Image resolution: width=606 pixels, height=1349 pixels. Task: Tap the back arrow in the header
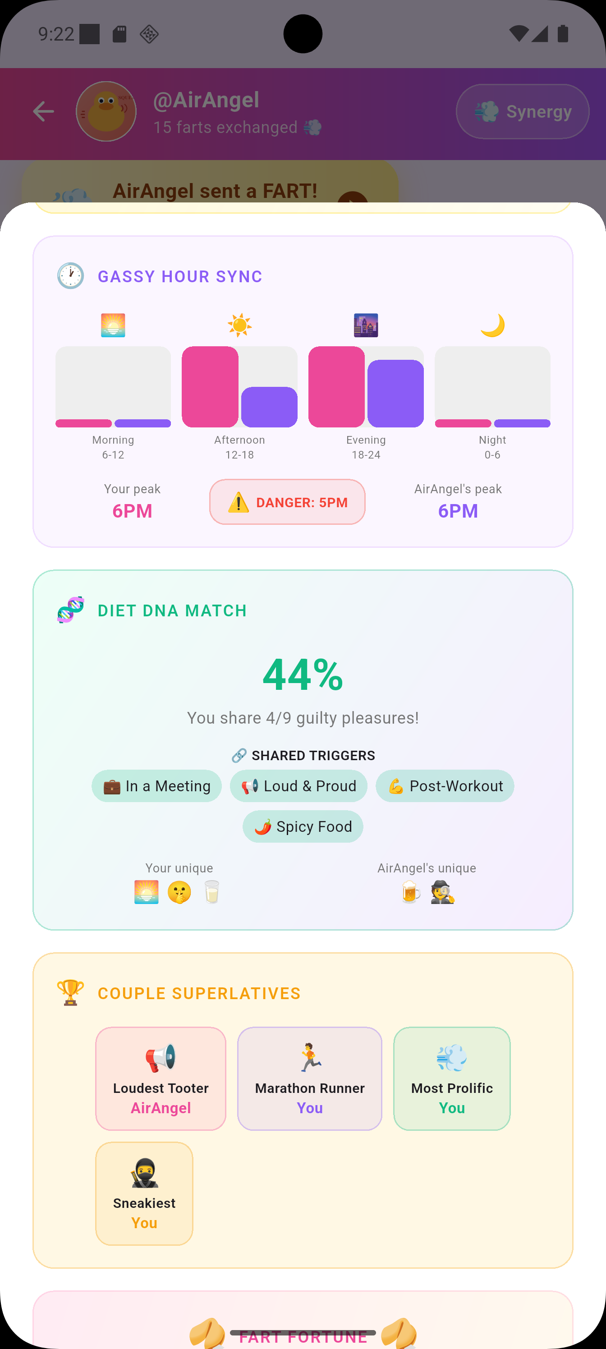(x=43, y=111)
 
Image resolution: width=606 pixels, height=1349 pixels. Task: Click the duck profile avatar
(x=106, y=111)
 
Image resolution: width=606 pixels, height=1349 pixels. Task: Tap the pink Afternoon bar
(x=210, y=386)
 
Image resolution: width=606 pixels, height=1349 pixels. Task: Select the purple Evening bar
(x=395, y=393)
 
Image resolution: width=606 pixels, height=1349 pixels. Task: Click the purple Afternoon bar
(x=269, y=407)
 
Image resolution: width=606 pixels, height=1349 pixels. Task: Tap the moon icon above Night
(x=492, y=325)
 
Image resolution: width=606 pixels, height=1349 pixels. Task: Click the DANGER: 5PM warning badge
(x=287, y=502)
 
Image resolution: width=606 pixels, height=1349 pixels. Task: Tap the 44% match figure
(x=303, y=675)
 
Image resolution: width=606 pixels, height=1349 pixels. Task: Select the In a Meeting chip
(x=156, y=786)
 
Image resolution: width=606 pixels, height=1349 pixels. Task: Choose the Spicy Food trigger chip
(x=303, y=826)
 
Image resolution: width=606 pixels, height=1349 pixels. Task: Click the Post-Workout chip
(x=445, y=786)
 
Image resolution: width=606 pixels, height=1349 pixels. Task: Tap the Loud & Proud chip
(x=298, y=786)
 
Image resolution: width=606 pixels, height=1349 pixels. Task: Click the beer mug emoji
(x=411, y=892)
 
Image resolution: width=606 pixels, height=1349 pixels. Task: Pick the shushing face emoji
(x=179, y=892)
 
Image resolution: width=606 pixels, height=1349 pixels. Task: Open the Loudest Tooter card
(x=161, y=1078)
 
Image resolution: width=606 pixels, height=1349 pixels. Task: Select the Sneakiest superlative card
(x=144, y=1193)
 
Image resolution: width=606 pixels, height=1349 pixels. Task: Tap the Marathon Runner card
(x=310, y=1078)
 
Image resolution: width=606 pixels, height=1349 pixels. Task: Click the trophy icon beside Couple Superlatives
(x=70, y=992)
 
